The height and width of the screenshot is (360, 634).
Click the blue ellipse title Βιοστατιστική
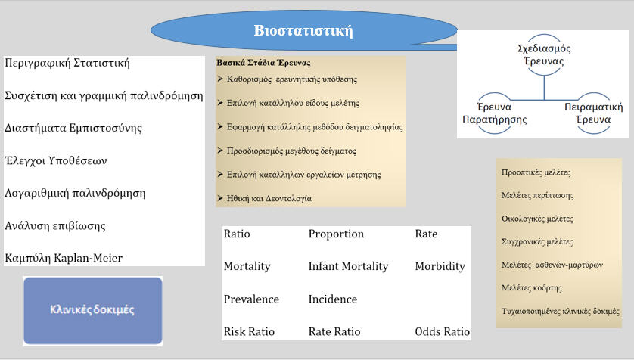(x=303, y=32)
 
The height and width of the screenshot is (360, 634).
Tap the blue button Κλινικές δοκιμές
(x=93, y=310)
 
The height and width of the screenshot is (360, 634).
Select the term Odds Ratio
(x=442, y=331)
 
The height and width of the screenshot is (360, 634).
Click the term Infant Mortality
(x=348, y=266)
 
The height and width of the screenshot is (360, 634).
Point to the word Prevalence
(x=251, y=299)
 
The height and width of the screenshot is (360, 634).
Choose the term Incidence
(x=333, y=299)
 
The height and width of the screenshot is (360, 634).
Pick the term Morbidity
(x=440, y=266)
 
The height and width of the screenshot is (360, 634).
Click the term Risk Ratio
(x=250, y=331)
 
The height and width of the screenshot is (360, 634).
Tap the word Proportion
(x=336, y=234)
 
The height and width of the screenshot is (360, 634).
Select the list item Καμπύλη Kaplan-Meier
(x=64, y=258)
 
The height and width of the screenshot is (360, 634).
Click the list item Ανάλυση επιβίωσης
(x=55, y=225)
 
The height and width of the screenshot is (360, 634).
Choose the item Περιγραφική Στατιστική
(x=67, y=63)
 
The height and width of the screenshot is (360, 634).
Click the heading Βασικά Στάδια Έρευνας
(x=263, y=63)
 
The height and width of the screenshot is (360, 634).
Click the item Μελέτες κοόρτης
(x=533, y=288)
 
